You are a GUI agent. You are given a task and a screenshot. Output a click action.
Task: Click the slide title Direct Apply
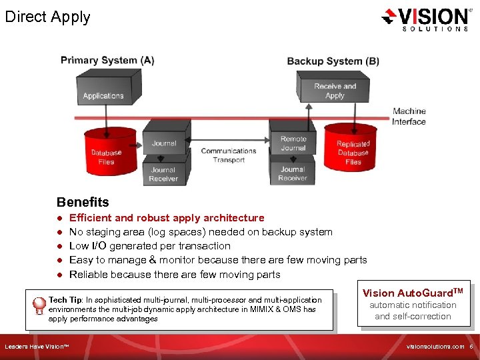coord(47,17)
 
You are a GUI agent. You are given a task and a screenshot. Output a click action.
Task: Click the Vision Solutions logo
coord(425,19)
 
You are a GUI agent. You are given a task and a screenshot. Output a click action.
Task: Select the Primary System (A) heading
coord(107,60)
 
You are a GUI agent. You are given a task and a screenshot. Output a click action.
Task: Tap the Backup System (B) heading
coord(333,61)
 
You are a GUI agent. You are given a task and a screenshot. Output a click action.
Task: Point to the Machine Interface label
coord(409,117)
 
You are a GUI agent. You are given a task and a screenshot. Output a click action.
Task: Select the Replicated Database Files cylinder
coord(353,153)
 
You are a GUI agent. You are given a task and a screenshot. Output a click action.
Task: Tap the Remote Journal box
coord(293,143)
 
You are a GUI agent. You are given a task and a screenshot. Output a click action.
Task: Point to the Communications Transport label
coord(229,155)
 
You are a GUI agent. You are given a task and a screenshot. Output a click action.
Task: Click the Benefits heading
coord(83,202)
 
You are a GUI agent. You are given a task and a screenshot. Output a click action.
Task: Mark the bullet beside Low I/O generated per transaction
coord(59,246)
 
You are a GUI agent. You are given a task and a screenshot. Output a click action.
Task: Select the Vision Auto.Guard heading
coord(413,293)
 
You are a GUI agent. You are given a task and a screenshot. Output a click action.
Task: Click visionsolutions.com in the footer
coord(435,347)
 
